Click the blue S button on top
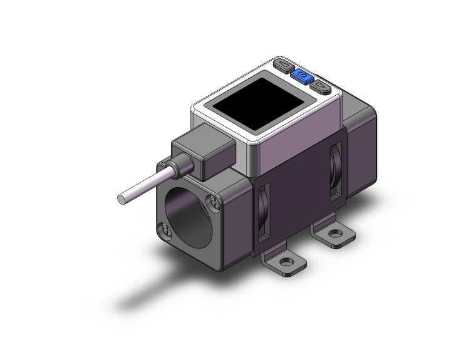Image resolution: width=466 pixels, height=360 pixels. pyautogui.click(x=299, y=77)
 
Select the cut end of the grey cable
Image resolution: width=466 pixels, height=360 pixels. pyautogui.click(x=121, y=200)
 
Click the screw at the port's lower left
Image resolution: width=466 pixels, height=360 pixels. pyautogui.click(x=167, y=229)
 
